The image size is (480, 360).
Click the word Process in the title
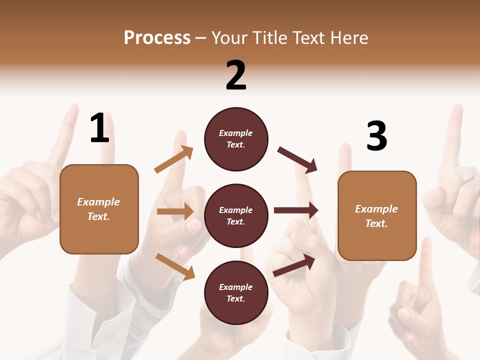tap(157, 37)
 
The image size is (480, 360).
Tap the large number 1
tap(99, 128)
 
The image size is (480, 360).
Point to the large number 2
tap(236, 75)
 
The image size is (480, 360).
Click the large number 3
tap(376, 136)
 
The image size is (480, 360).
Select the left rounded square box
tap(99, 209)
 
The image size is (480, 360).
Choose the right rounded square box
tap(377, 216)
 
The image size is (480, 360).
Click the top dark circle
tap(236, 139)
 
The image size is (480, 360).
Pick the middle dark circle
tap(236, 216)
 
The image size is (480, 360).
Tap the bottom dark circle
tap(236, 293)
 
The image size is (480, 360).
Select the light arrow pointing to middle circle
tap(175, 211)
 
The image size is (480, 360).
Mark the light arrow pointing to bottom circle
tap(175, 266)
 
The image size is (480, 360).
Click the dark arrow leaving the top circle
tap(297, 159)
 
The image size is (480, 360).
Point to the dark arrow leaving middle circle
tap(295, 210)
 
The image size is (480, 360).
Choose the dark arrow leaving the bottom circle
tap(294, 265)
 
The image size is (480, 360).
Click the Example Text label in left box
tap(99, 209)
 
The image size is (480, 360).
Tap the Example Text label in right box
tap(377, 216)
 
